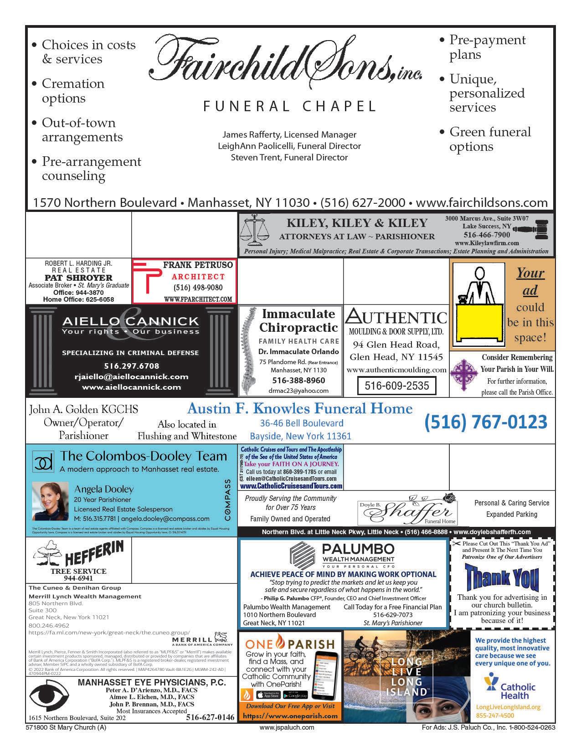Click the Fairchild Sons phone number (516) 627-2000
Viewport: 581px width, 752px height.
[363, 203]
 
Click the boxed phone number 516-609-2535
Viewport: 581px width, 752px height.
[396, 386]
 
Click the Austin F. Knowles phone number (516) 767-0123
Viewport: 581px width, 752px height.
[485, 422]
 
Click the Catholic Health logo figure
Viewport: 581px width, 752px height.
[491, 682]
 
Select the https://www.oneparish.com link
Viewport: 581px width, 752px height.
[290, 716]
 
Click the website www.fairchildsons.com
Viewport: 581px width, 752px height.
[482, 203]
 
